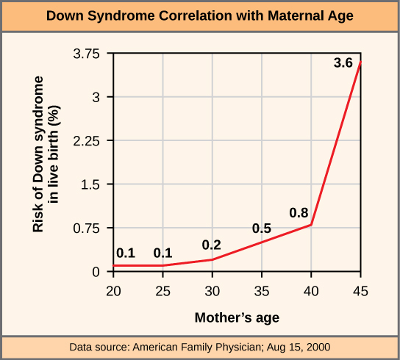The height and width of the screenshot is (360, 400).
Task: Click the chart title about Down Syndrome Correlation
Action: click(x=200, y=15)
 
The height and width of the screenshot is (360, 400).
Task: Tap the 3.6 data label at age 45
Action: click(x=343, y=63)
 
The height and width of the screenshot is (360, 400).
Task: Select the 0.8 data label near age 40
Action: click(x=299, y=213)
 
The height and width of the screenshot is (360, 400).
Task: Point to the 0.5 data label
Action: click(x=262, y=228)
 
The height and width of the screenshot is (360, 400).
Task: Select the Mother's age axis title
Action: click(x=237, y=317)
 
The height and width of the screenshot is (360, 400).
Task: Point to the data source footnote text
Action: click(x=200, y=346)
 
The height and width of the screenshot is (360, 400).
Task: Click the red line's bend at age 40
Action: click(x=312, y=225)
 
